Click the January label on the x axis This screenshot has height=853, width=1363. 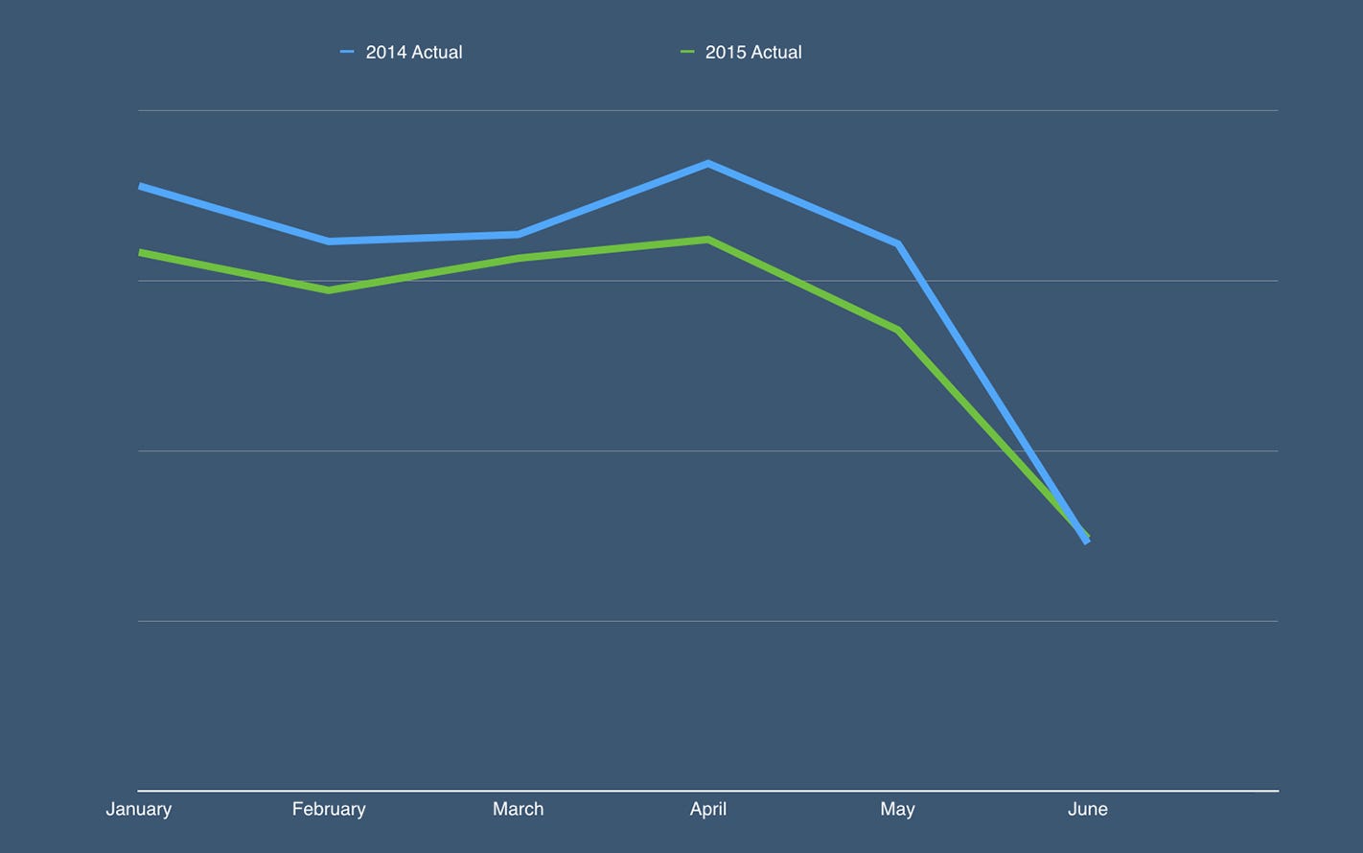pos(138,809)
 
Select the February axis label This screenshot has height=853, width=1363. pos(329,809)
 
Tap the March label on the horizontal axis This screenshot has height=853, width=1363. pos(518,809)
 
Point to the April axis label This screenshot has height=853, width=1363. pos(707,809)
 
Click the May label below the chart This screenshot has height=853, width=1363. pos(897,809)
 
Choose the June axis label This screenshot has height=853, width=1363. pos(1087,809)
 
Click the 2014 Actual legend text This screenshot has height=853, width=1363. pos(414,53)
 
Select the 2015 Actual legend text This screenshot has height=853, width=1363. pos(753,53)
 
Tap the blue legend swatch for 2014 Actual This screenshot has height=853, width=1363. pos(347,52)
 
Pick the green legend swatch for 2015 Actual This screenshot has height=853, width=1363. pos(686,52)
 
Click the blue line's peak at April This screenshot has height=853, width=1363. pos(707,164)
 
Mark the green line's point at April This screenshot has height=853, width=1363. pos(707,240)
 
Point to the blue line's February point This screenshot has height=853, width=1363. pos(329,241)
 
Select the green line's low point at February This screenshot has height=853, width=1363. pos(329,289)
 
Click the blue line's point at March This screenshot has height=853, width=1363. pos(519,234)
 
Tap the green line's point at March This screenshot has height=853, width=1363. pos(519,258)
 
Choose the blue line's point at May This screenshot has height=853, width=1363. pos(897,244)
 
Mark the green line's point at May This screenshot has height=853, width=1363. pos(897,330)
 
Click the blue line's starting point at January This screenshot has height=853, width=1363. pos(141,186)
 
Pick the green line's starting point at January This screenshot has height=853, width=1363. pos(141,252)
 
